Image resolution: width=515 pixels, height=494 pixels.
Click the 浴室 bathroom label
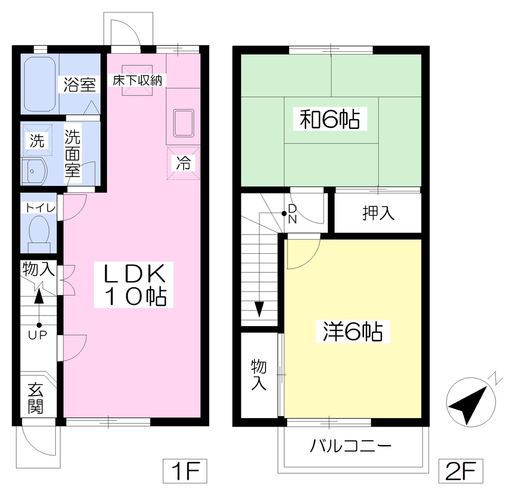pos(79,85)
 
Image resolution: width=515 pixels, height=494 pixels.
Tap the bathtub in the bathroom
pos(40,85)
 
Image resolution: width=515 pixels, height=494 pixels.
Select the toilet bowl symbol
pos(39,234)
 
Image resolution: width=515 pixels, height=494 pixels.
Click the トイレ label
pos(40,208)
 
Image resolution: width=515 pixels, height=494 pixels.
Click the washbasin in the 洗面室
pos(34,171)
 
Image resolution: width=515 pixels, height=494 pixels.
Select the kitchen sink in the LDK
pos(184,123)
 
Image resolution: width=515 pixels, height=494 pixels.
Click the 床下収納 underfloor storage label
pos(138,80)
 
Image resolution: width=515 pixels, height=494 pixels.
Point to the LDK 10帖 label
pos(134,284)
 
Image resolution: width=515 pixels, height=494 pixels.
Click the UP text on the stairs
pos(38,335)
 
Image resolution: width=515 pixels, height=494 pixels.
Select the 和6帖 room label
pos(330,119)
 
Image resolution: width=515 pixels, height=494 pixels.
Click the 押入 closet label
pos(378,213)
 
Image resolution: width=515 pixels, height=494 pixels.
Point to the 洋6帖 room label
pos(353,332)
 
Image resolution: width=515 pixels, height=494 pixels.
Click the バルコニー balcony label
pos(351,446)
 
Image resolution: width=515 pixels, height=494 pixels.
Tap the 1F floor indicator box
pos(185,471)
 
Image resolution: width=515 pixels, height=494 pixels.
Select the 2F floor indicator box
pos(461,471)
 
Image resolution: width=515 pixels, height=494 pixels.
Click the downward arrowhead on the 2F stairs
pos(259,309)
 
